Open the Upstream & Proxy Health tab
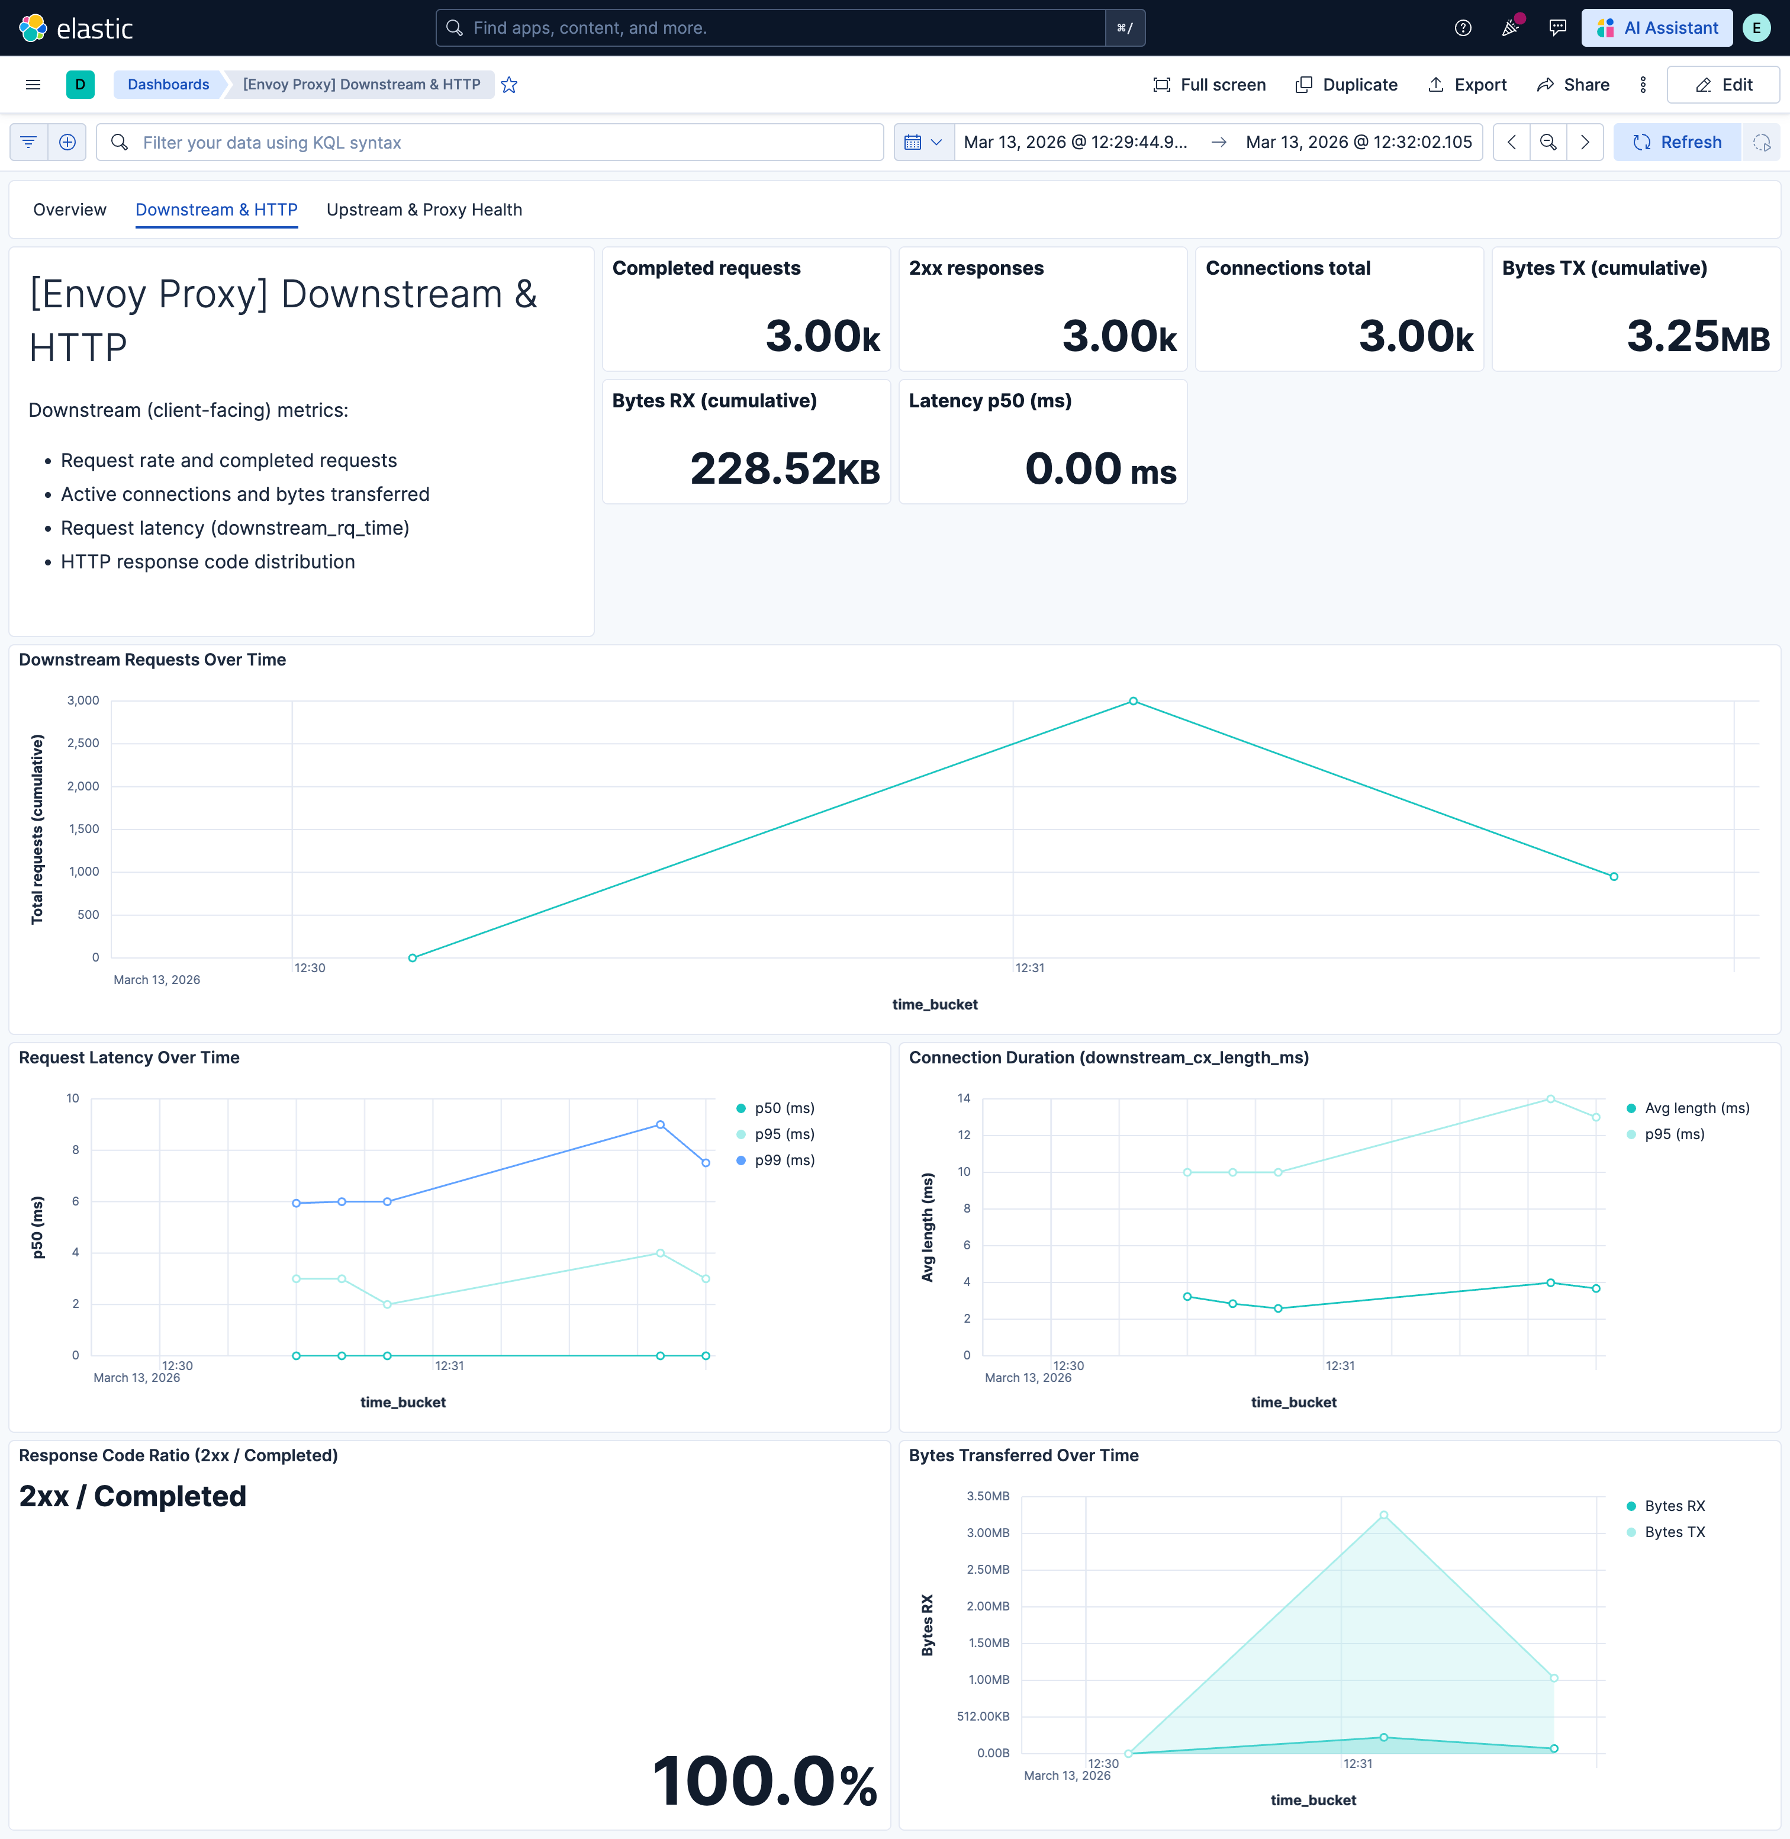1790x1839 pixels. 424,210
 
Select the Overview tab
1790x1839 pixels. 70,210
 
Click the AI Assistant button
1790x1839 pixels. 1657,28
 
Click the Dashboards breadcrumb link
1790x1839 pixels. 168,85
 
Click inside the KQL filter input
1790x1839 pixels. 498,142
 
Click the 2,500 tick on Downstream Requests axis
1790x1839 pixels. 83,742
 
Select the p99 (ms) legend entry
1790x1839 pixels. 783,1160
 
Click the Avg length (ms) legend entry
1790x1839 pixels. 1696,1108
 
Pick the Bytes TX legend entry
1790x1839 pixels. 1673,1532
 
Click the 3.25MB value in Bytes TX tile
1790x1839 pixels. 1698,336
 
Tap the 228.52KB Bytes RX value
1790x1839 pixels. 785,469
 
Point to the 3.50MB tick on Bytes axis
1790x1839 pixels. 987,1496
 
